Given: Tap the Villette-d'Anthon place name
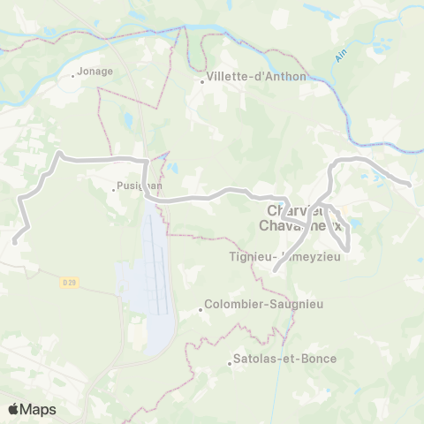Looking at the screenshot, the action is tap(257, 77).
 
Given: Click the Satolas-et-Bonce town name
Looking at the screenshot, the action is tap(281, 360).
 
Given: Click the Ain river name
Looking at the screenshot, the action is tap(342, 56).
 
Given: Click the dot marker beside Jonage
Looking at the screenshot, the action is tap(73, 76).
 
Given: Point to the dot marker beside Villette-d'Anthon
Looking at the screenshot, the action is tap(202, 82).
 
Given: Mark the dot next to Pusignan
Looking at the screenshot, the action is tap(113, 188).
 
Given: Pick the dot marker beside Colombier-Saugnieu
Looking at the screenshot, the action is tap(199, 309).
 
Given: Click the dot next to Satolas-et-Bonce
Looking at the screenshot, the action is tap(228, 360).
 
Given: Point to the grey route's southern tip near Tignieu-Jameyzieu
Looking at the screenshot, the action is tap(276, 269).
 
